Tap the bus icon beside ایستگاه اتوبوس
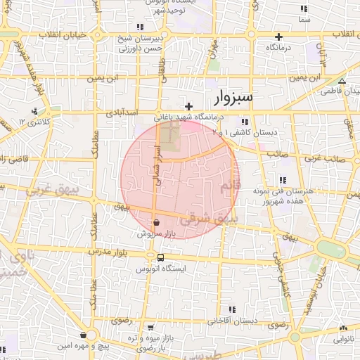pyautogui.click(x=161, y=257)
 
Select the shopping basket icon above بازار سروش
pyautogui.click(x=156, y=222)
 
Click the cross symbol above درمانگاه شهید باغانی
pyautogui.click(x=188, y=106)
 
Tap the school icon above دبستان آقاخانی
pyautogui.click(x=233, y=309)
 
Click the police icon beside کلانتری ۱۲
pyautogui.click(x=34, y=111)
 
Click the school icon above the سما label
pyautogui.click(x=304, y=8)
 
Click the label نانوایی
pyautogui.click(x=343, y=339)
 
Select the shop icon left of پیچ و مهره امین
pyautogui.click(x=84, y=335)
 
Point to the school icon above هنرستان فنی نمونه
pyautogui.click(x=282, y=179)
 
